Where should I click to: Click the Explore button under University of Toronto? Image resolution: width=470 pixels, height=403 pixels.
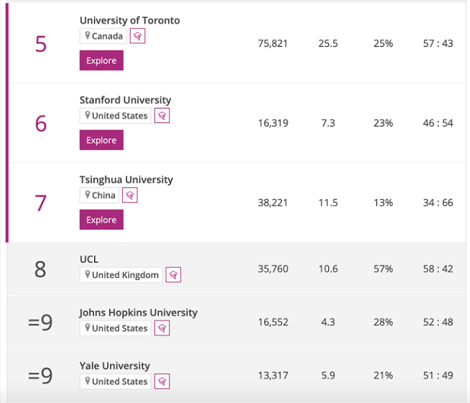click(x=101, y=61)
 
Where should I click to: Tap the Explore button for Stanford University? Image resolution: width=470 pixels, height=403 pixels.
click(x=101, y=140)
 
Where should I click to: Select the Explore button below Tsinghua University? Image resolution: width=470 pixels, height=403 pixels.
click(x=101, y=220)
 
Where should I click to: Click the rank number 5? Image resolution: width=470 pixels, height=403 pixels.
click(x=40, y=44)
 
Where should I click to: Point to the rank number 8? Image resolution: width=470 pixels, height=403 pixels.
click(x=40, y=269)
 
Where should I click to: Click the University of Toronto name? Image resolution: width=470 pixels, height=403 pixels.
click(x=129, y=20)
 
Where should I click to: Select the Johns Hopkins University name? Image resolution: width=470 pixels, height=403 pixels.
click(x=138, y=313)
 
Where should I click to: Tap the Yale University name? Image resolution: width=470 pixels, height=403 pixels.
click(x=115, y=366)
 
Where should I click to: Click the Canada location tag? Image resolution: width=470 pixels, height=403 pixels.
click(x=104, y=36)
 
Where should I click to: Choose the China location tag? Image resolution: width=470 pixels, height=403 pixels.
click(x=100, y=195)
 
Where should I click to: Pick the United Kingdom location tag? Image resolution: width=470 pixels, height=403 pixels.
click(x=121, y=275)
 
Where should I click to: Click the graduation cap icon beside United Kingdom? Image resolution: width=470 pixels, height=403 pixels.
click(x=173, y=275)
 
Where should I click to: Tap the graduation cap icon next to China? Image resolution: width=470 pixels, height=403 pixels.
click(x=129, y=195)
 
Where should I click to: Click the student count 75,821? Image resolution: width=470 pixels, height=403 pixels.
click(x=273, y=43)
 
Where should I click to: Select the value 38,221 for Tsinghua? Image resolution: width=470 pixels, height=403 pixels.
click(x=273, y=203)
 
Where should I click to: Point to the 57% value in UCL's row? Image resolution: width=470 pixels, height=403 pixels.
click(x=383, y=269)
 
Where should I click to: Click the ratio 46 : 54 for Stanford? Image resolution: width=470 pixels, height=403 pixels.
click(x=438, y=123)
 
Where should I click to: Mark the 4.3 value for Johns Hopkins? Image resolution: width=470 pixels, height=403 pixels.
click(x=328, y=322)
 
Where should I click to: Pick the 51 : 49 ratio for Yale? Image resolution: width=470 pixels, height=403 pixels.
click(x=438, y=376)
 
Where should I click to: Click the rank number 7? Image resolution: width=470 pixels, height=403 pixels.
click(x=40, y=203)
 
